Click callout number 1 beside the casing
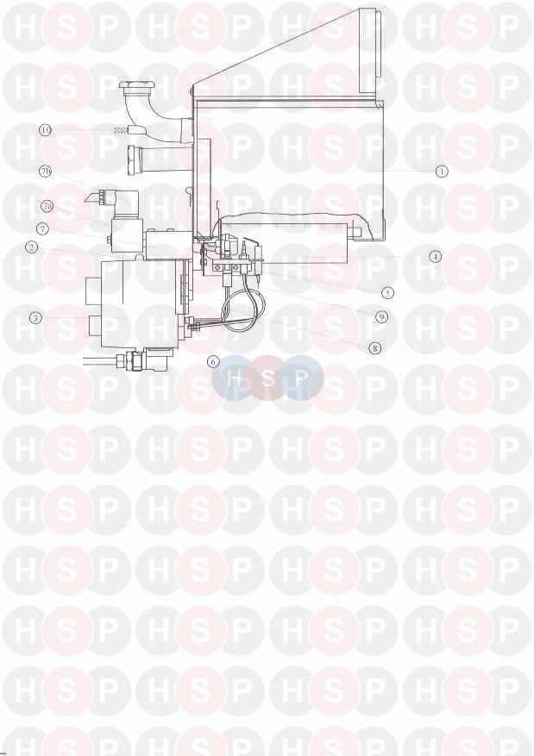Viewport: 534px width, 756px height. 441,171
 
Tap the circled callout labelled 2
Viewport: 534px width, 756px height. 32,247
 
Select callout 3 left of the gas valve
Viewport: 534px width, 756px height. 35,317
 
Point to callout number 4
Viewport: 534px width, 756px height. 435,257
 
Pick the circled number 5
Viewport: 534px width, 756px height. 386,292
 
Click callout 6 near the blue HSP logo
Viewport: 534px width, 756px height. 213,360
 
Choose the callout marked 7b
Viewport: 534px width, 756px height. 46,172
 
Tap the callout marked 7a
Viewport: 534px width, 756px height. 47,206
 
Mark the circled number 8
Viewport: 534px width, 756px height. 374,348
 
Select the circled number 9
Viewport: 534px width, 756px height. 381,316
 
